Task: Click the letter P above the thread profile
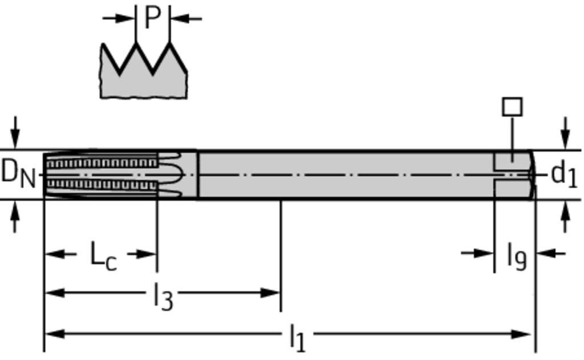point(152,17)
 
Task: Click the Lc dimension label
point(104,256)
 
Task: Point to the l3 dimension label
point(164,296)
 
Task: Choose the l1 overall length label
point(297,338)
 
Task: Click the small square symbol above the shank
point(512,107)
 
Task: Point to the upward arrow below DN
point(15,217)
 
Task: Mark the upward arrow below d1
point(565,217)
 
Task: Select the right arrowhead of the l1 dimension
point(521,334)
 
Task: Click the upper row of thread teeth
point(102,163)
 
